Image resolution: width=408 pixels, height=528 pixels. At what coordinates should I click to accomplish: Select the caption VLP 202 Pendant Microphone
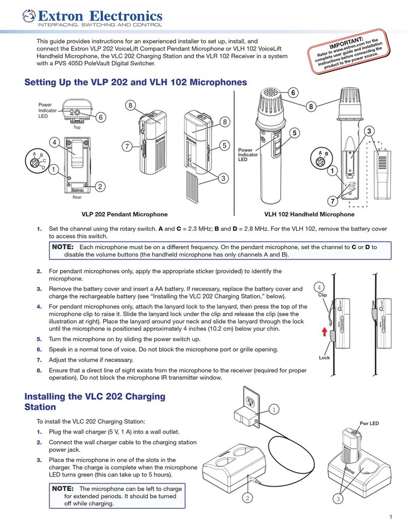[125, 214]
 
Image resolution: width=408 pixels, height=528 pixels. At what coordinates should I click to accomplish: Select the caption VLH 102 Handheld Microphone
[320, 214]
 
